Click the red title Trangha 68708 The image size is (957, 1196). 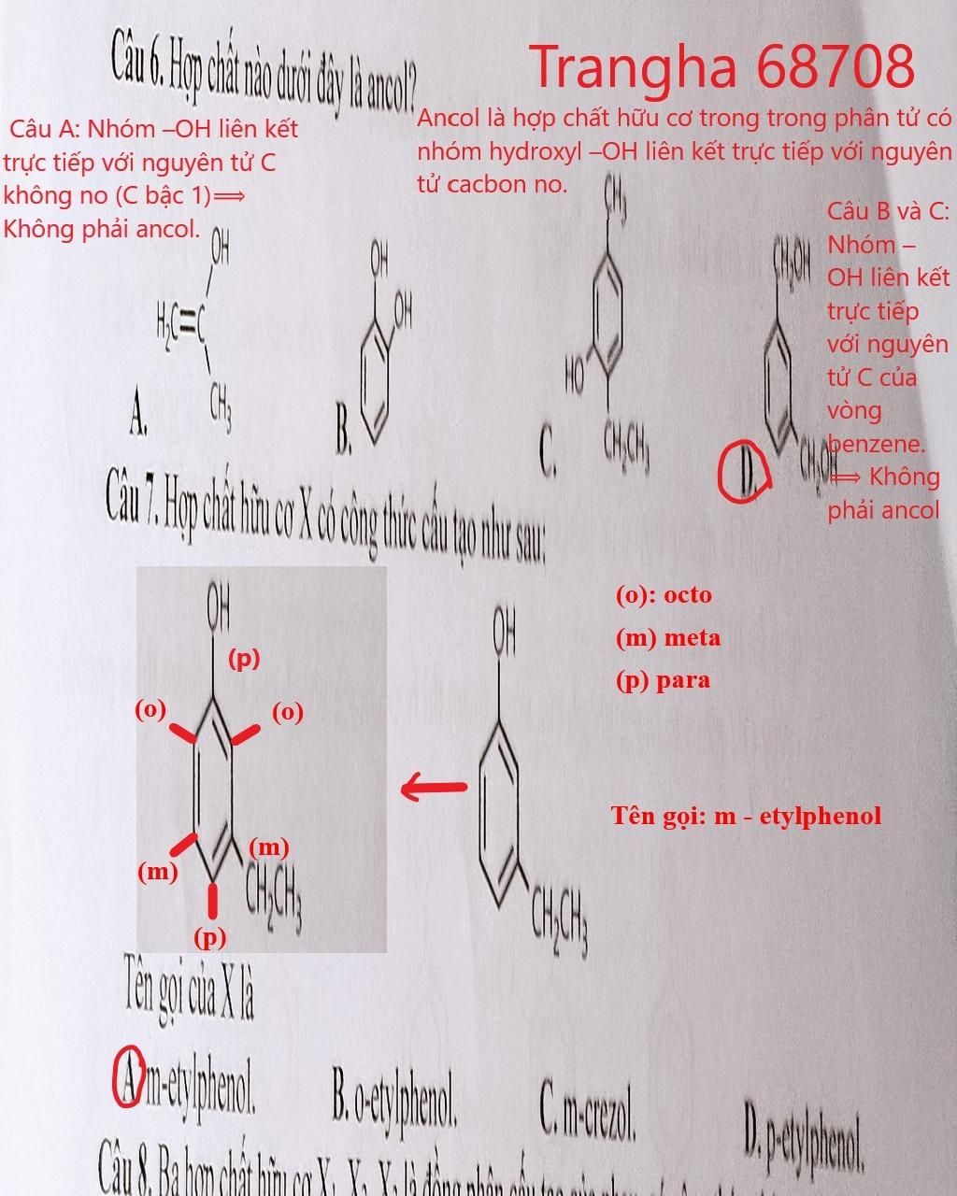click(x=721, y=66)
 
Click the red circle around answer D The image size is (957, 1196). click(x=744, y=472)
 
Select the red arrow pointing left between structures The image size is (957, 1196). click(x=434, y=788)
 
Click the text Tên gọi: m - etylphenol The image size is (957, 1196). click(x=746, y=816)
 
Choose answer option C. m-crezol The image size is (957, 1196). click(x=588, y=1110)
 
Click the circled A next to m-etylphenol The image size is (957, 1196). click(x=128, y=1077)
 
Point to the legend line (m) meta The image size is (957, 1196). click(x=667, y=638)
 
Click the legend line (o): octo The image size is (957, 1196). click(x=663, y=595)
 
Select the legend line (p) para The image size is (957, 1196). click(x=662, y=680)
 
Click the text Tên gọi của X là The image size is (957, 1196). click(x=189, y=992)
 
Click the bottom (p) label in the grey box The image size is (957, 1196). click(x=210, y=936)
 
